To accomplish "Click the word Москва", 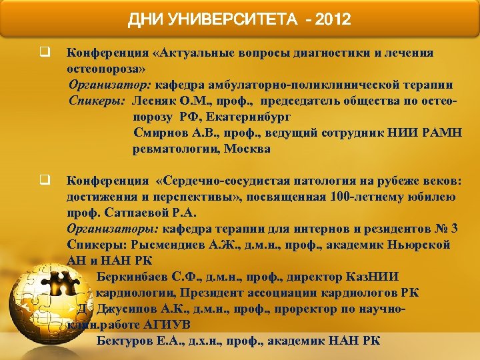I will [247, 149].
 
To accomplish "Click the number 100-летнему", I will [365, 197].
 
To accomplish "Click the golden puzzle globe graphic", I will [47, 307].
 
